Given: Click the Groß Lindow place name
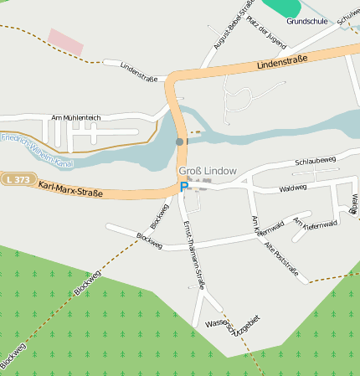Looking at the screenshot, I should [x=208, y=170].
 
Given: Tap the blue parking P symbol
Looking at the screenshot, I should [x=183, y=188].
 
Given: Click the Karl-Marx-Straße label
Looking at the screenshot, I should [x=70, y=188].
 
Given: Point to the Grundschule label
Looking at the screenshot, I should [x=306, y=22].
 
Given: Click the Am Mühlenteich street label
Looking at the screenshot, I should [x=75, y=118].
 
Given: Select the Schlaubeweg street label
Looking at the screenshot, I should [x=315, y=159].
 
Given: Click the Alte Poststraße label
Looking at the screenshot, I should [x=280, y=256].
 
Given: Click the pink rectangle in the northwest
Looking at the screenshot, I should [x=65, y=42].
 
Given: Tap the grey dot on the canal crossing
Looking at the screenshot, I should [x=179, y=142].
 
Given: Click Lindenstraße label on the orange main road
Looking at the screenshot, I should [x=282, y=61].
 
